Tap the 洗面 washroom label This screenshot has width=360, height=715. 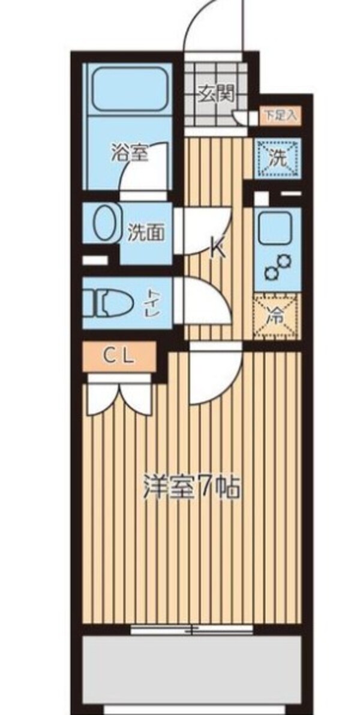[146, 232]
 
